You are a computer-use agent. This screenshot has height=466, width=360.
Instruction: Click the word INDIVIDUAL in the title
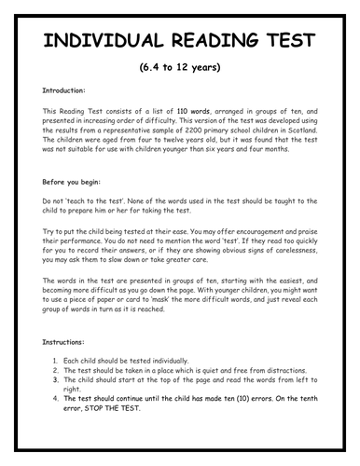tap(95, 46)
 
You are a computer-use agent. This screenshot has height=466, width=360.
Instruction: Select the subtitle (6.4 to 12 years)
tap(180, 71)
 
